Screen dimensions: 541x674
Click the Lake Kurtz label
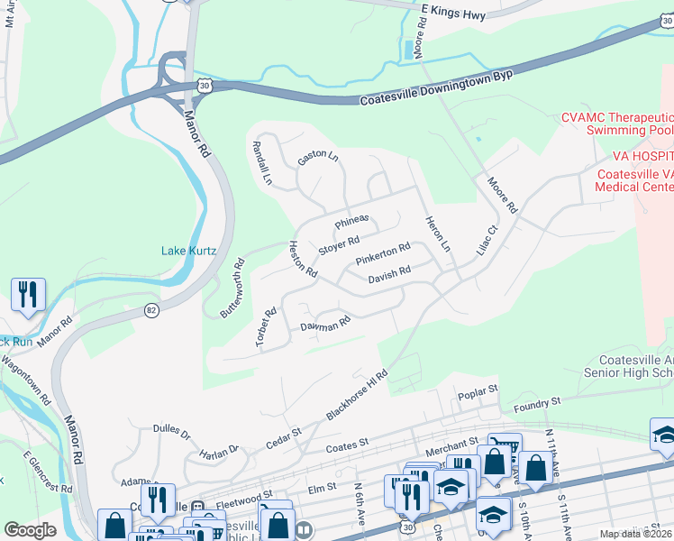coord(188,251)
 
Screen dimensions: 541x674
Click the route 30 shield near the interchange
coord(205,85)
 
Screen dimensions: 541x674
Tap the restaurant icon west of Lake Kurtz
coord(28,294)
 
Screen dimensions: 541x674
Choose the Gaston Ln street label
coord(317,156)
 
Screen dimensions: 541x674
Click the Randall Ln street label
coord(261,162)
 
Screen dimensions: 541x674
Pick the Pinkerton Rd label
coord(382,254)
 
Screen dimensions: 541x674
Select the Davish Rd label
coord(389,274)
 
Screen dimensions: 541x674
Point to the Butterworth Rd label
coord(232,289)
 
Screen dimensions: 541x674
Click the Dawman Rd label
coord(324,323)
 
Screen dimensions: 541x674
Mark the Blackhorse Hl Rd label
coord(357,393)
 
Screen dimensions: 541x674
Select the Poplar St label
coord(478,392)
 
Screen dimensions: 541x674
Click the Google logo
coord(31,530)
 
